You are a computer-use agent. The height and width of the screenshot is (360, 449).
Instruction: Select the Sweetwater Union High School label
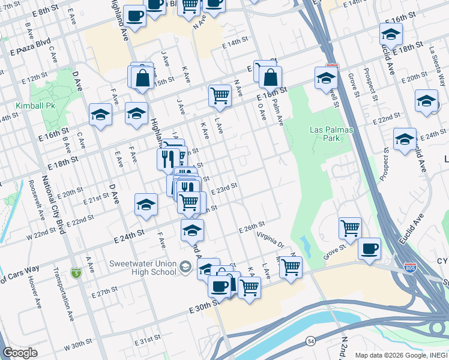(x=142, y=268)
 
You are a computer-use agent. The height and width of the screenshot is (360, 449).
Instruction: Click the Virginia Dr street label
(x=271, y=241)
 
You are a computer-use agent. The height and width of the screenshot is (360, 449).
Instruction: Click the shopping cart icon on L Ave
(x=220, y=95)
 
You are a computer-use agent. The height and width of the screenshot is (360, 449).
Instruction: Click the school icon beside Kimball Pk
(x=100, y=115)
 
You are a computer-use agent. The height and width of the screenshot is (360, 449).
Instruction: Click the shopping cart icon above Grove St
(x=350, y=228)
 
